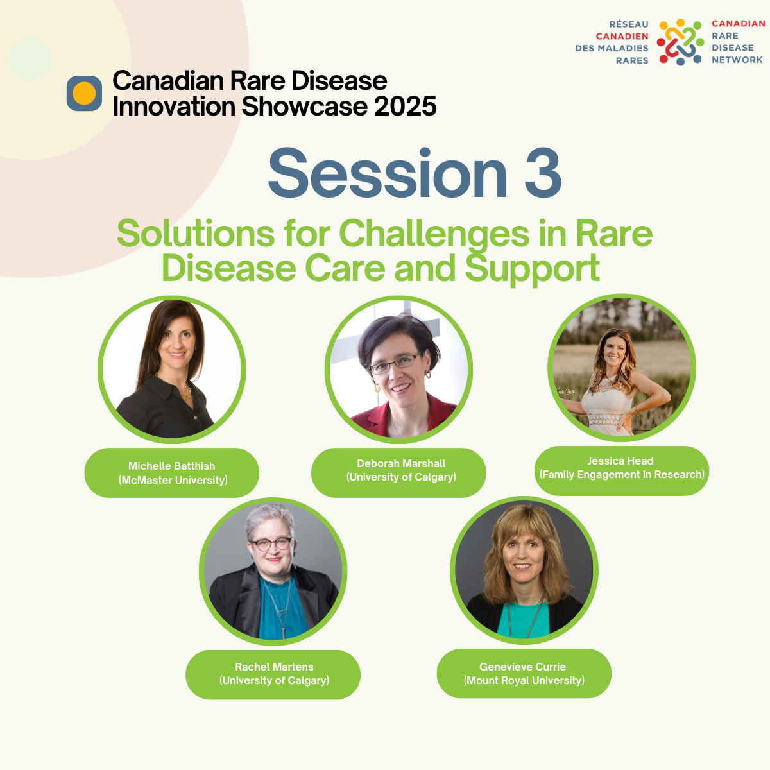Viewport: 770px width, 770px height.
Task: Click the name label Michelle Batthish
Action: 171,473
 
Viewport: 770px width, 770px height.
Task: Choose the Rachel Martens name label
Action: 273,674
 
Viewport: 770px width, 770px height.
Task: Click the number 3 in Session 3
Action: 543,173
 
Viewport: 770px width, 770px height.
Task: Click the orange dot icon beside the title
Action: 84,93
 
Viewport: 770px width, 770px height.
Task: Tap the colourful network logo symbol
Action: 680,42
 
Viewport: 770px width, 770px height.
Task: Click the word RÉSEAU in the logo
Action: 629,24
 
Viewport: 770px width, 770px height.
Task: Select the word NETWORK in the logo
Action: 737,60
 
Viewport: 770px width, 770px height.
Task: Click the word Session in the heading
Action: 388,173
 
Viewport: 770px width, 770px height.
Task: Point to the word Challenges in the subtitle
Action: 434,235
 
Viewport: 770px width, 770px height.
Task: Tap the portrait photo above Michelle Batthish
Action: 172,370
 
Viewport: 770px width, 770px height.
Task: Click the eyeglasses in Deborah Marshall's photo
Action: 395,363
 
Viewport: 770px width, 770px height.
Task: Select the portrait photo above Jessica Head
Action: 622,368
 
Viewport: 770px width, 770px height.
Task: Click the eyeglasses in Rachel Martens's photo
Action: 271,544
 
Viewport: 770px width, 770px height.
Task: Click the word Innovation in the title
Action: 174,107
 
